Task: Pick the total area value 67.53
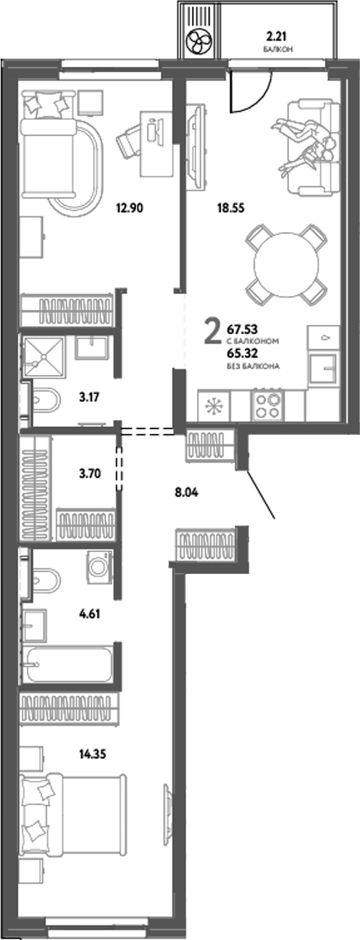click(x=241, y=329)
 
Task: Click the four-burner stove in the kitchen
click(x=268, y=406)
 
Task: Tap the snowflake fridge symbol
click(x=212, y=406)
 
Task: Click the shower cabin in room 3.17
click(x=44, y=357)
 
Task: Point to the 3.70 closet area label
click(x=89, y=474)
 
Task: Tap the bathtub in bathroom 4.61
click(x=68, y=664)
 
